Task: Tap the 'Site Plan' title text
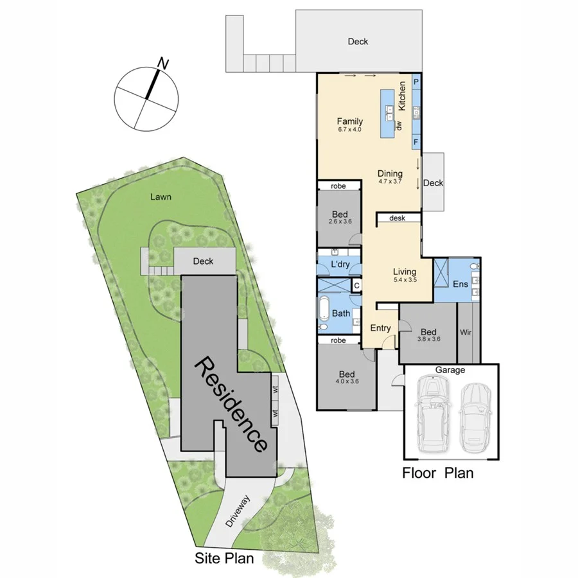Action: (x=224, y=559)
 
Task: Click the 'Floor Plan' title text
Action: (x=437, y=474)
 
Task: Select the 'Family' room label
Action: (x=350, y=121)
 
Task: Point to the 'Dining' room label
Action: (x=390, y=173)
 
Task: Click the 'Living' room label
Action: (x=405, y=272)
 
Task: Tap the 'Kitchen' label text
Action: (x=403, y=95)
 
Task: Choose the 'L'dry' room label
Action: (x=339, y=265)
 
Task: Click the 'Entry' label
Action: (x=380, y=328)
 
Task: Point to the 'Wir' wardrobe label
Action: (x=467, y=333)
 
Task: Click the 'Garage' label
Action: (x=450, y=371)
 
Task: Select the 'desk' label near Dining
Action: (x=397, y=218)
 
